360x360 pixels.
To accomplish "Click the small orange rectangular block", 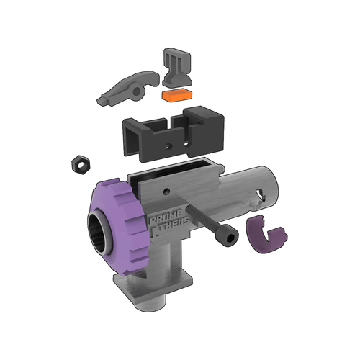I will pyautogui.click(x=177, y=94).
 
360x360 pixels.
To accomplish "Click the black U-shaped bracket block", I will pyautogui.click(x=169, y=133).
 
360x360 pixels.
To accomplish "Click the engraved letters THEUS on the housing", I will pyautogui.click(x=170, y=228).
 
